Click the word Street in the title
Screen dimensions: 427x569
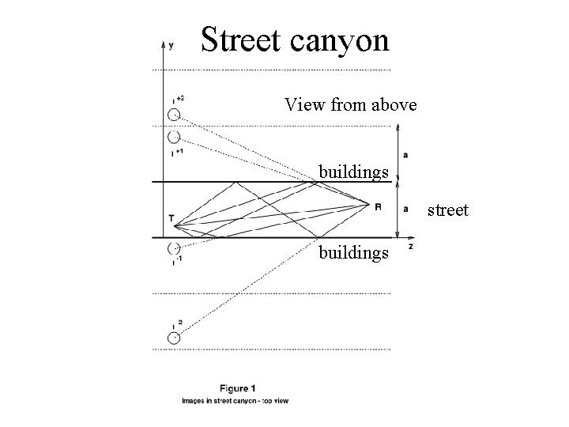click(x=241, y=40)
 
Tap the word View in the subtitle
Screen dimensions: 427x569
click(x=303, y=104)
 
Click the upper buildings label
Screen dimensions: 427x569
click(x=353, y=172)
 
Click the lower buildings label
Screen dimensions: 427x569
click(x=353, y=252)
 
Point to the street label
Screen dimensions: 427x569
click(x=448, y=210)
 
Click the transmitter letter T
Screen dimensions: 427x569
click(x=171, y=218)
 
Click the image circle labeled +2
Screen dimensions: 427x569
click(x=173, y=115)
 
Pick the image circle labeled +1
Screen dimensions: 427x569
click(x=173, y=137)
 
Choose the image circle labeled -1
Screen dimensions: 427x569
click(x=173, y=248)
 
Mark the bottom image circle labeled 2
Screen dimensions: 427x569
click(x=173, y=338)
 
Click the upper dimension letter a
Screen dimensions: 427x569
click(x=405, y=153)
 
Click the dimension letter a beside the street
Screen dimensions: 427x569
click(x=405, y=209)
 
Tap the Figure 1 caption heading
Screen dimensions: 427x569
click(x=237, y=388)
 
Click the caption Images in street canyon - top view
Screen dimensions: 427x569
click(x=236, y=401)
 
